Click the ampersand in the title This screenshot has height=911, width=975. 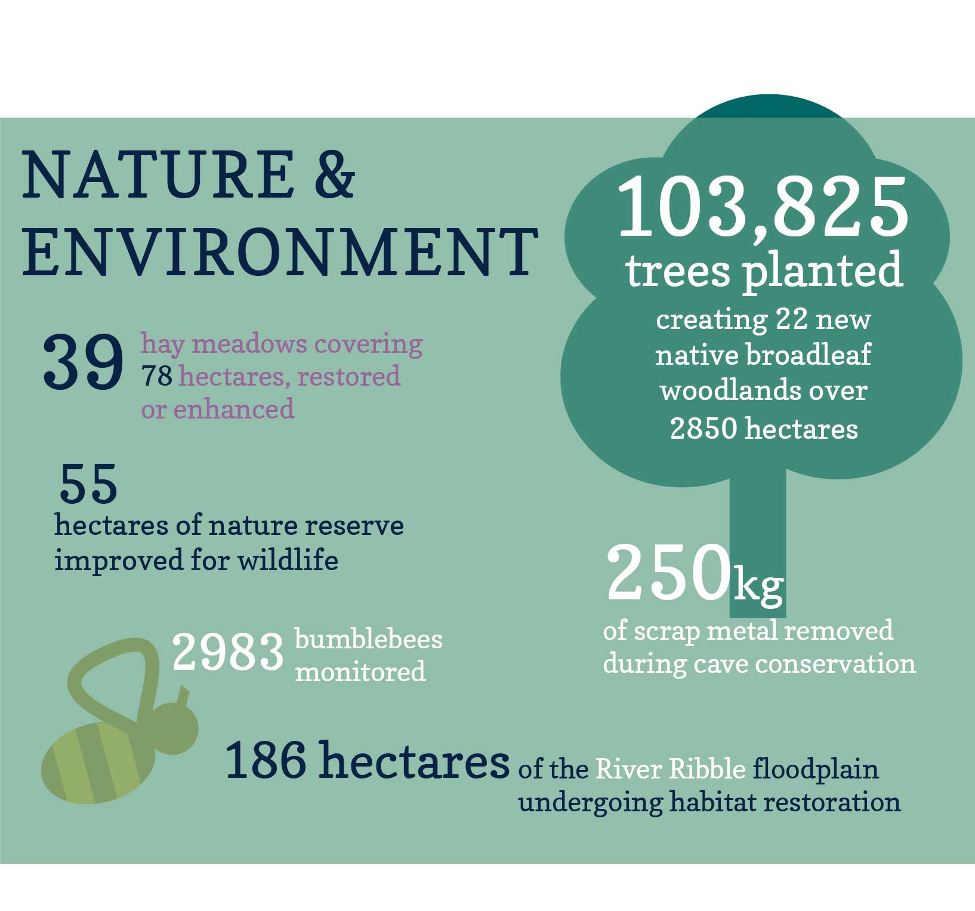(x=334, y=174)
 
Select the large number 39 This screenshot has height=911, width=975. (x=83, y=362)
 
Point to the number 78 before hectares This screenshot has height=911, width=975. (x=157, y=376)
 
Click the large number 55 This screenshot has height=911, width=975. (x=88, y=484)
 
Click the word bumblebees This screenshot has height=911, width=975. (x=369, y=639)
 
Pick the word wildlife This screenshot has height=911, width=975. (x=288, y=561)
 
